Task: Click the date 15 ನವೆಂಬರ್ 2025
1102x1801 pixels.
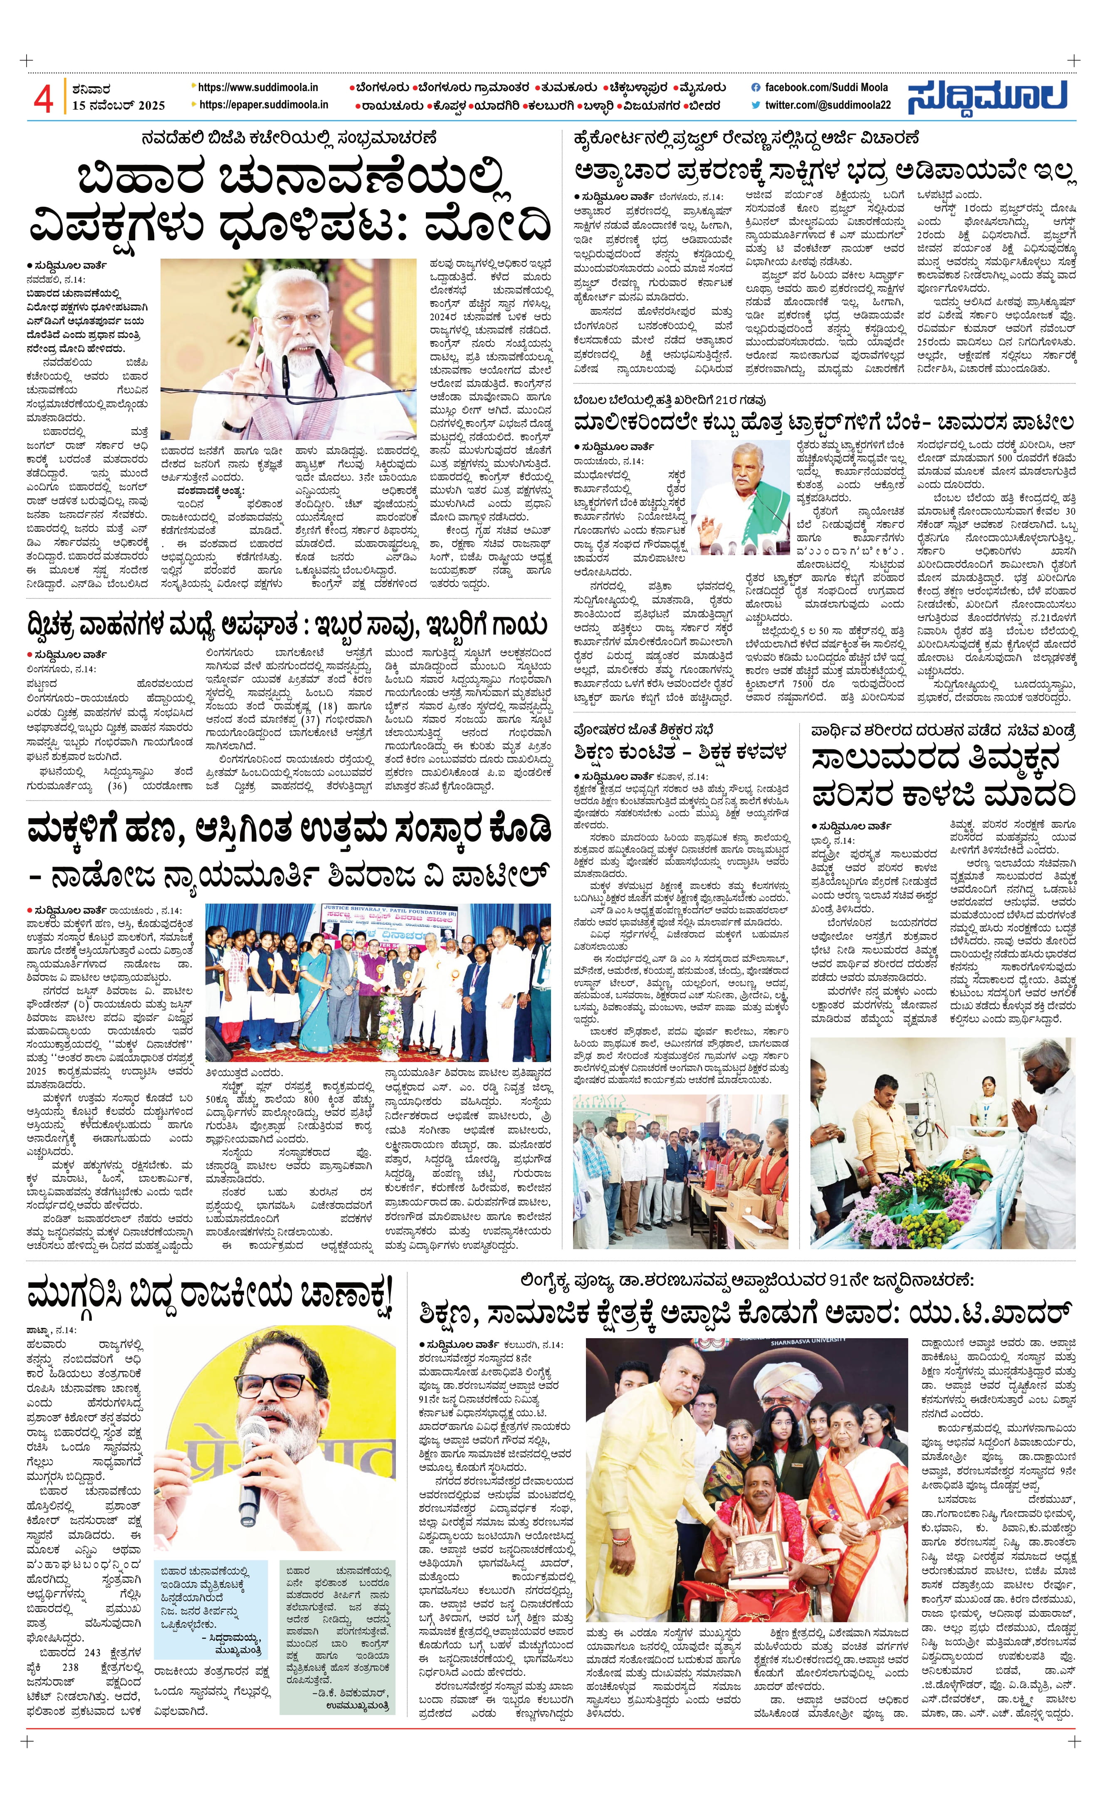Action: [x=119, y=105]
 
